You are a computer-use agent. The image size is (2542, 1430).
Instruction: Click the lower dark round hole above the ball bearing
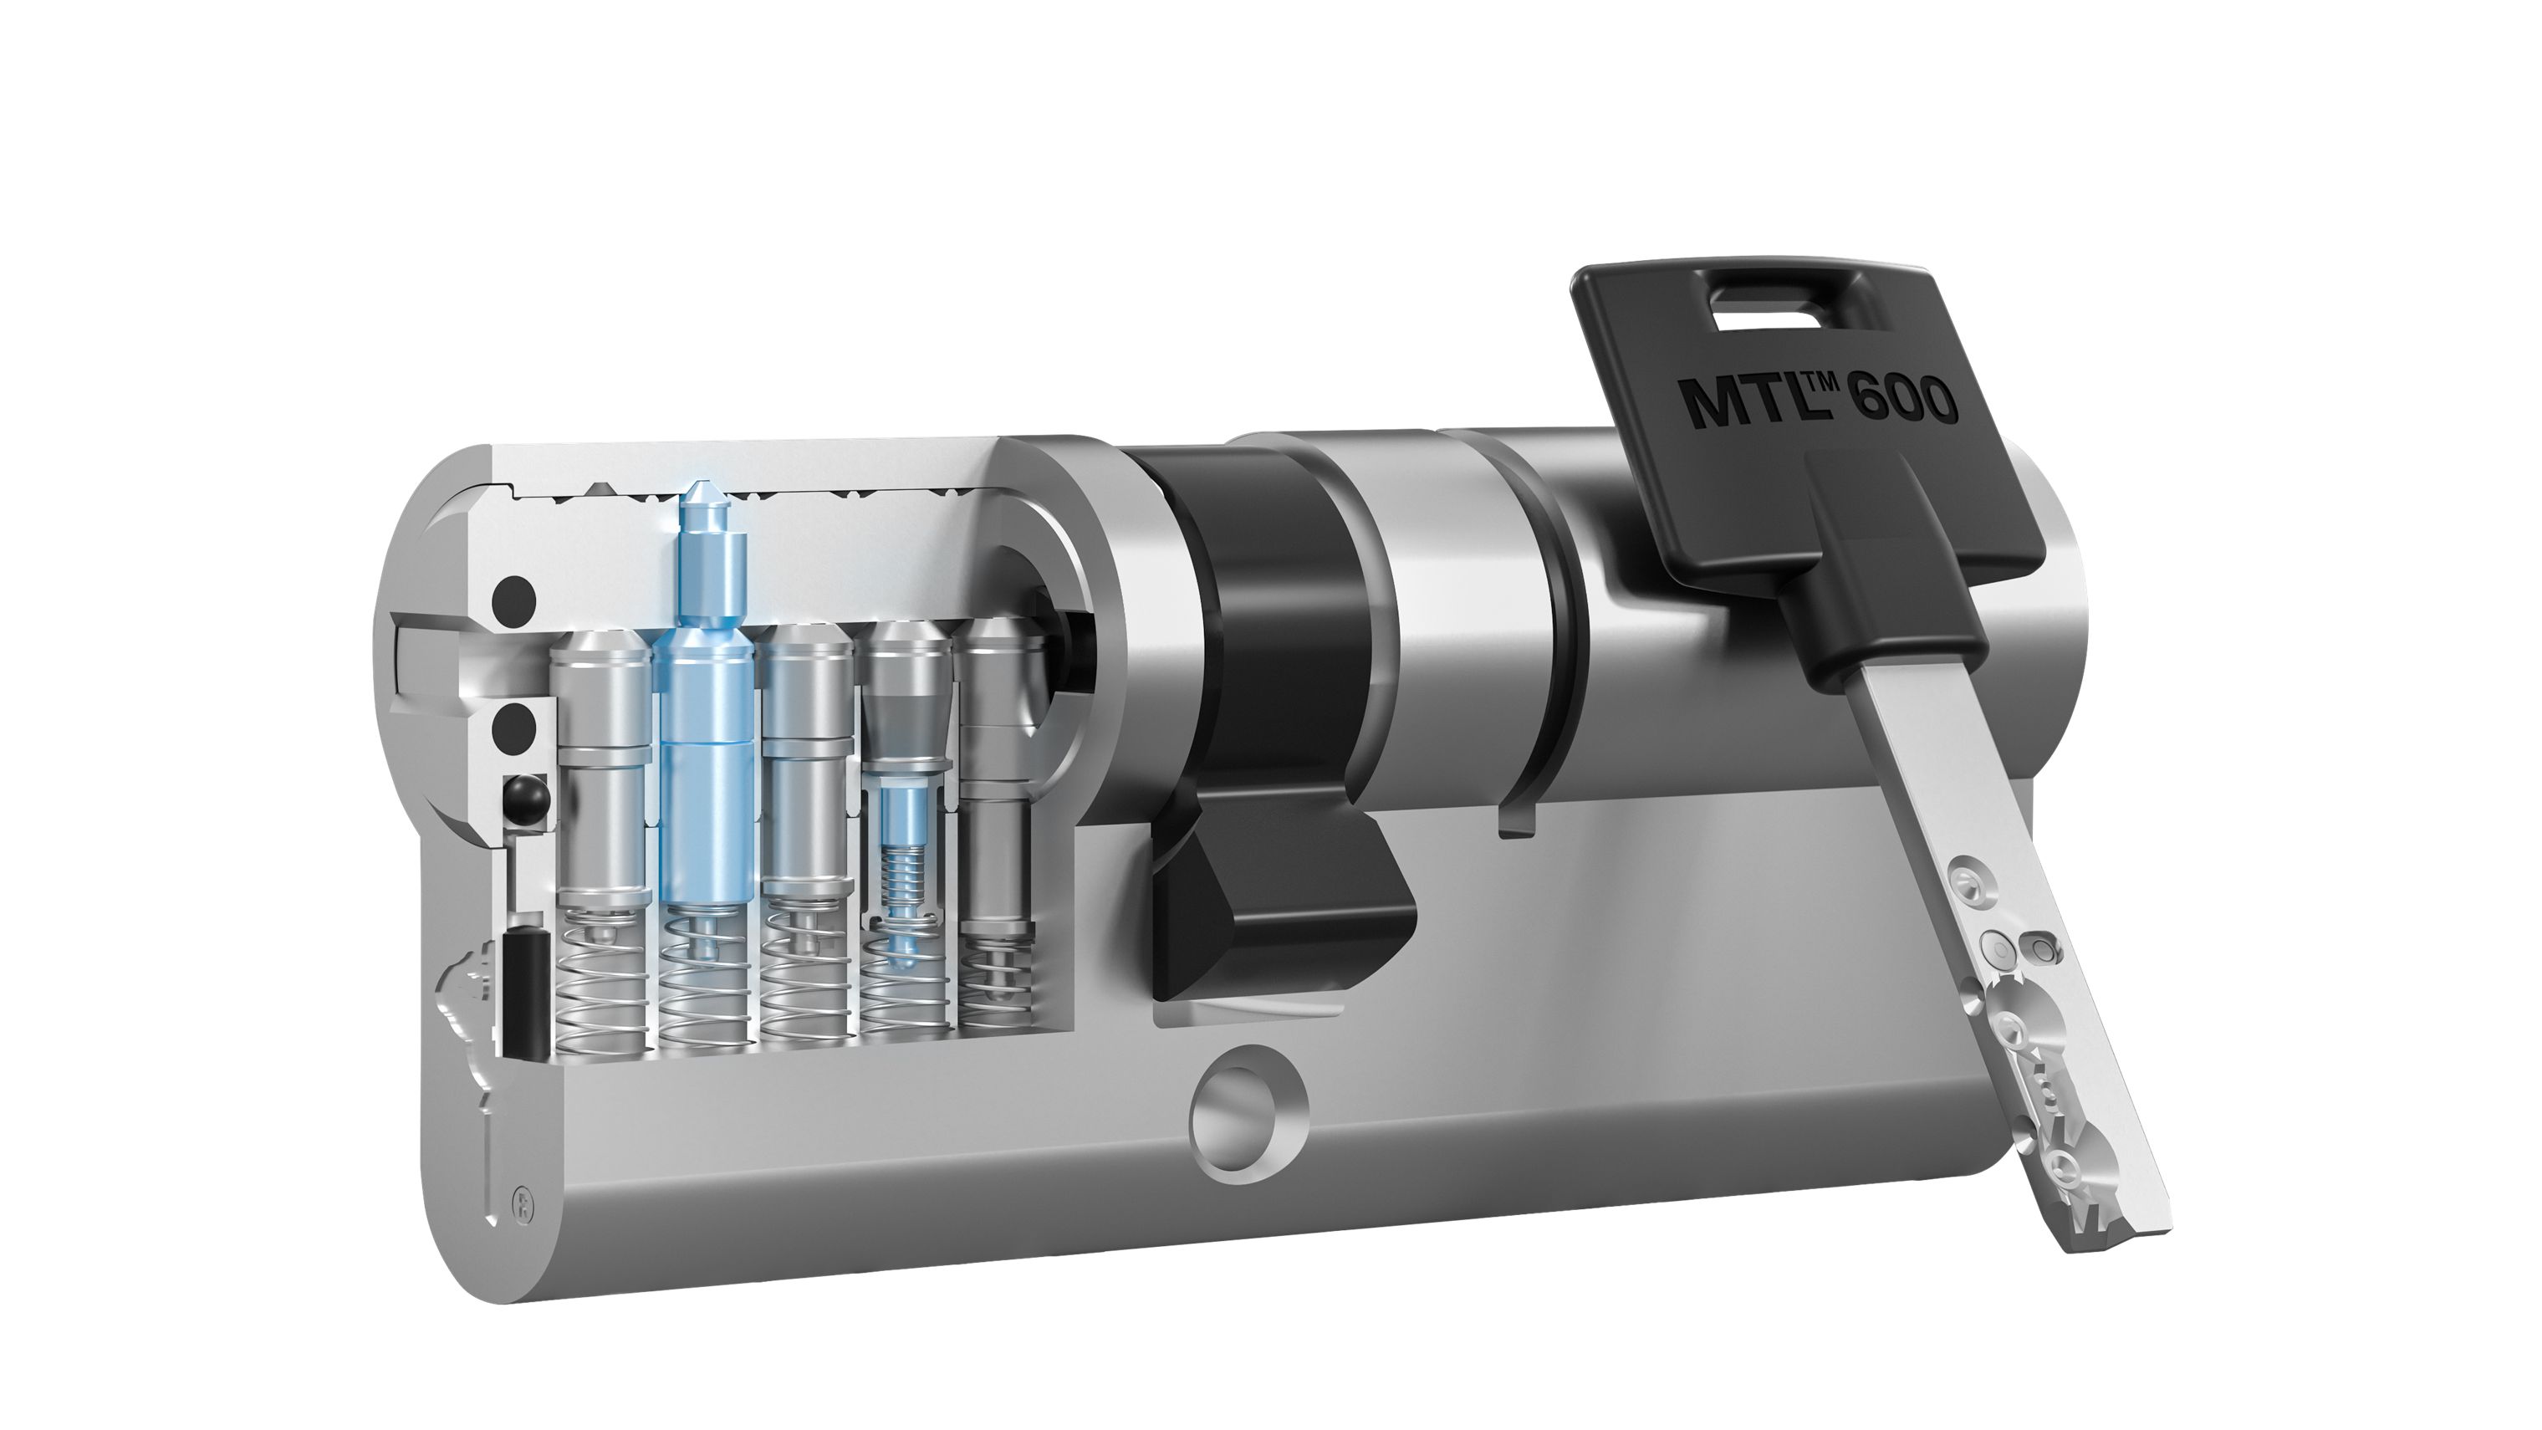(515, 728)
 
